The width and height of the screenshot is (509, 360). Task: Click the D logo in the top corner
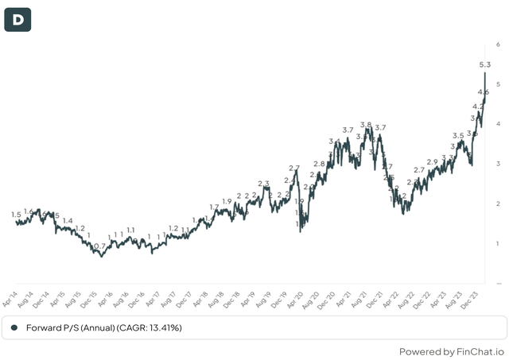pos(17,17)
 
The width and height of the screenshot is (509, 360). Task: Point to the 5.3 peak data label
pos(484,64)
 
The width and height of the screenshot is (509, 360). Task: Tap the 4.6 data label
pos(483,93)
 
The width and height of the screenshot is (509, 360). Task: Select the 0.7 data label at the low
pos(99,247)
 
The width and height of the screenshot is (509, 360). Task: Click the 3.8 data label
pos(366,125)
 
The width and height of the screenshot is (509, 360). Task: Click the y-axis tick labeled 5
pos(498,84)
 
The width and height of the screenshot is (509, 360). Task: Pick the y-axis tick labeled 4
pos(498,124)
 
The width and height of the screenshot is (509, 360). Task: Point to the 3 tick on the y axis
pos(498,164)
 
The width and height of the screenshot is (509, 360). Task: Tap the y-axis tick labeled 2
pos(498,203)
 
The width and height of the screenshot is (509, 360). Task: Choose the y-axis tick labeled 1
pos(498,243)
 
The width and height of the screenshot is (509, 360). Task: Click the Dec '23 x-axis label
pos(481,296)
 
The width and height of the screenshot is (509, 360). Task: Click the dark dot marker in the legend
pos(14,327)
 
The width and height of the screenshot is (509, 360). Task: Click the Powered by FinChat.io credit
pos(451,350)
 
